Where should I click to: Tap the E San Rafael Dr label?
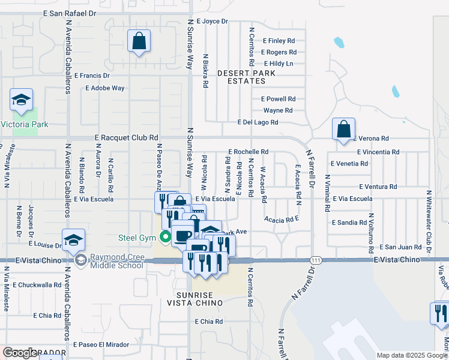pyautogui.click(x=70, y=13)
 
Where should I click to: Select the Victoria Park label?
pyautogui.click(x=24, y=125)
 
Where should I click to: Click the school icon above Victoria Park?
pyautogui.click(x=21, y=101)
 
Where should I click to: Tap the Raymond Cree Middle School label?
pyautogui.click(x=117, y=262)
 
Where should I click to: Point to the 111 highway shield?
pyautogui.click(x=315, y=260)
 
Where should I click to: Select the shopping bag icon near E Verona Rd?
pyautogui.click(x=343, y=129)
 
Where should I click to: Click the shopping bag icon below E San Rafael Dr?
pyautogui.click(x=139, y=42)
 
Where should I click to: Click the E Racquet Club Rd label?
pyautogui.click(x=127, y=137)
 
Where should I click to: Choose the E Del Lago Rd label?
pyautogui.click(x=258, y=122)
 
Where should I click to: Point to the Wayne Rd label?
pyautogui.click(x=278, y=110)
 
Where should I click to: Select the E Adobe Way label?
pyautogui.click(x=105, y=88)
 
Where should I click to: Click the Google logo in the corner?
pyautogui.click(x=20, y=353)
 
